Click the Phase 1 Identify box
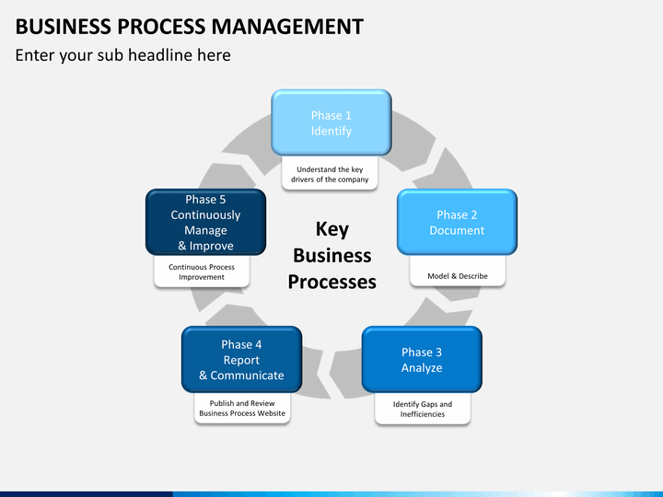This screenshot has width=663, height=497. point(331,122)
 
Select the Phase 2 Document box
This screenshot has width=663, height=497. point(457,222)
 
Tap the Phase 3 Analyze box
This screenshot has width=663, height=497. point(421,359)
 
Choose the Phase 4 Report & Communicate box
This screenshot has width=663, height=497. point(241,359)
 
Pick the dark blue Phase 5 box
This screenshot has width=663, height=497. point(205,222)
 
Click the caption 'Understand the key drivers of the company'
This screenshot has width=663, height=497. point(331,175)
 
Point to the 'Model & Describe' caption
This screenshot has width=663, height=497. point(457,276)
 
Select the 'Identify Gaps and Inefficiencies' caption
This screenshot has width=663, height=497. point(422,410)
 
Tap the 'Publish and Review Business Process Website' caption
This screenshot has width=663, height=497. point(242,409)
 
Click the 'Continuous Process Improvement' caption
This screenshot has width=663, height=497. point(202,272)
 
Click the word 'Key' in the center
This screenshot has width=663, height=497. point(331,229)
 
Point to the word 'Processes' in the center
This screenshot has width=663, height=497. point(331,282)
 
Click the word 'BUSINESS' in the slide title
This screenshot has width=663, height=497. point(55,27)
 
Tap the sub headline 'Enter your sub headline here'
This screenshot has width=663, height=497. point(122,55)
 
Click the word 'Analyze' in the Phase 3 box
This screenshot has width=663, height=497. point(421,368)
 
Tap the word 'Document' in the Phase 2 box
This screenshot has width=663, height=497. point(457,231)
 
